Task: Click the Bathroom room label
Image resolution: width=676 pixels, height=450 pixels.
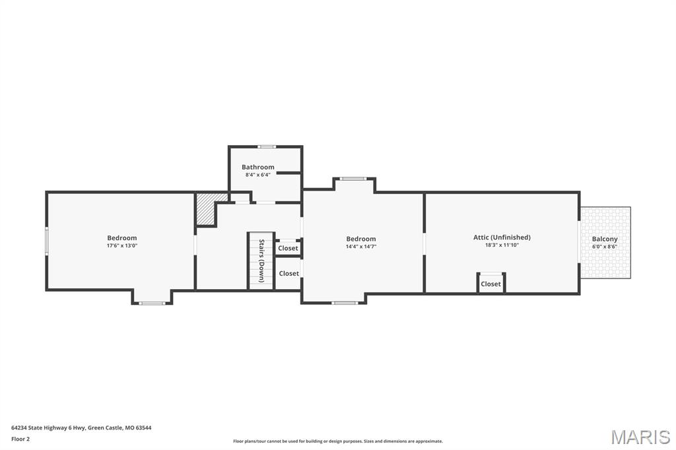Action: coord(258,167)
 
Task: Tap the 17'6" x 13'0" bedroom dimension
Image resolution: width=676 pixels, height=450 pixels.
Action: coord(122,245)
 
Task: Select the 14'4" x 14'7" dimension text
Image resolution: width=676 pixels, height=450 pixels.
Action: coord(361,247)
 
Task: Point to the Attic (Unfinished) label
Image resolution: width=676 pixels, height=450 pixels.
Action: coord(502,238)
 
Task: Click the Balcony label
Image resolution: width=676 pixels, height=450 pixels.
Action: coord(605,240)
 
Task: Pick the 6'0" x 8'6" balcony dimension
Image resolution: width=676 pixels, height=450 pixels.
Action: coord(605,247)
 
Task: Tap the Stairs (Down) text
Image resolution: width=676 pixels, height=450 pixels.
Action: coord(261,261)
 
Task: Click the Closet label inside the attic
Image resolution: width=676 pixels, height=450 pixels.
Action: coord(490,284)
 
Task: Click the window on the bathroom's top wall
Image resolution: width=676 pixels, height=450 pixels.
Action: coord(267,146)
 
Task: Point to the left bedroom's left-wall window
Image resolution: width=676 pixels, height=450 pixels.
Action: coord(47,241)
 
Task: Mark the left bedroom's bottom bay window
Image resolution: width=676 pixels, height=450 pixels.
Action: coord(152,303)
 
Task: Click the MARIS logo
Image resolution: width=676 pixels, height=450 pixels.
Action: coord(640,437)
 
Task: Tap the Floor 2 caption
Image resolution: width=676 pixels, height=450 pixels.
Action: coord(20,439)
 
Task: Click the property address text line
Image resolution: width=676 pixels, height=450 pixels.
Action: coord(81,428)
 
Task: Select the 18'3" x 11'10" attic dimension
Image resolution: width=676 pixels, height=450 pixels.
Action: coord(502,245)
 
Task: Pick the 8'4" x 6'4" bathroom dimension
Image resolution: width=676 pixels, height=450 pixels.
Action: coord(258,175)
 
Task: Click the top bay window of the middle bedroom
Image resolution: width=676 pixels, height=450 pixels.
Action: coord(353,178)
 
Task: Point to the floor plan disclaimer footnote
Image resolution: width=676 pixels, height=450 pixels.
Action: coord(338,441)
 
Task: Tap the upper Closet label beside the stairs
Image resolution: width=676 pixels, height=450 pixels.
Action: coord(288,248)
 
